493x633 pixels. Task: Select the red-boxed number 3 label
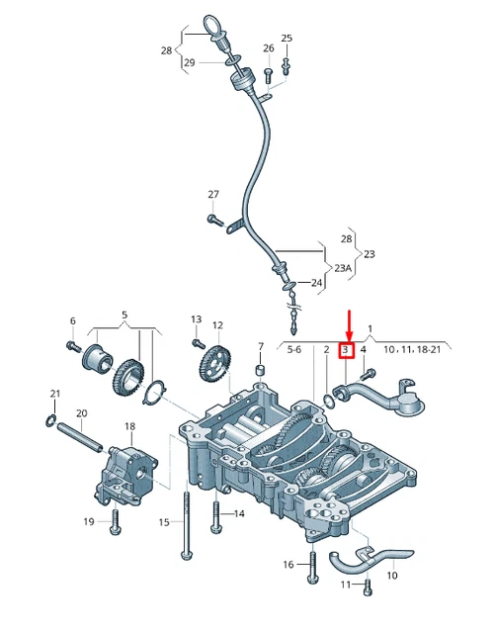click(346, 350)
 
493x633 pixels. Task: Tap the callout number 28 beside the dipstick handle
click(166, 49)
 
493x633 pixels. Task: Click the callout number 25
click(287, 39)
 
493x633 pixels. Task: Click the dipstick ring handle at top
click(215, 22)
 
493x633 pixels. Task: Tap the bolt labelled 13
click(197, 341)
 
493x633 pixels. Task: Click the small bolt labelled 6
click(73, 345)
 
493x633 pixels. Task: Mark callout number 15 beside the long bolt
click(165, 521)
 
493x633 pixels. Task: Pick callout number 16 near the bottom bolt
click(288, 565)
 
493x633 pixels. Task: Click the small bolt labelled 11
click(368, 588)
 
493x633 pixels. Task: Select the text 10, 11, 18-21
click(413, 350)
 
